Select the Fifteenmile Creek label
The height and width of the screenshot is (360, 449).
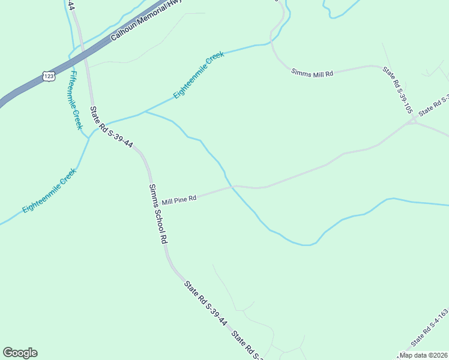point(75,100)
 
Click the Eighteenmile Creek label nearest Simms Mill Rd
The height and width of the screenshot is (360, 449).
point(199,75)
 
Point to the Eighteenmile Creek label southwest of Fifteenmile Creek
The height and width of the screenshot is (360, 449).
point(49,191)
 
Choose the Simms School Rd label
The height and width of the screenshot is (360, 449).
point(157,213)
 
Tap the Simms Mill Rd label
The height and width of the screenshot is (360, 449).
point(312,73)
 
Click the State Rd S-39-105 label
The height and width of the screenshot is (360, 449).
point(398,90)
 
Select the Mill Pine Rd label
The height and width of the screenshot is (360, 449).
point(179,199)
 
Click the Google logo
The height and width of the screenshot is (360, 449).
point(20,353)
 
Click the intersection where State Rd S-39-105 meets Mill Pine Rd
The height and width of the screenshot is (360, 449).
point(413,122)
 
